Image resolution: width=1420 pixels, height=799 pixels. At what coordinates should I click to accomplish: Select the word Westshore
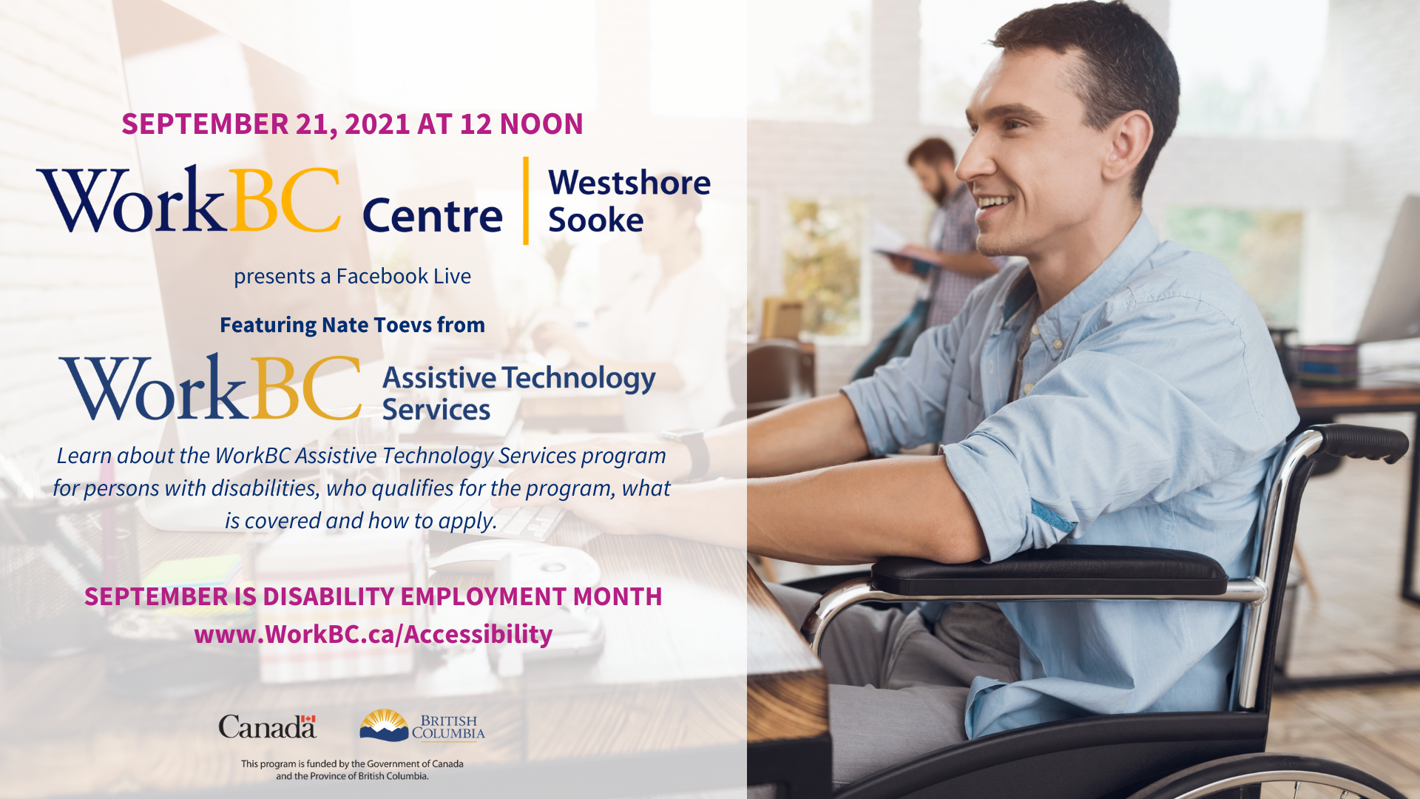[x=629, y=182]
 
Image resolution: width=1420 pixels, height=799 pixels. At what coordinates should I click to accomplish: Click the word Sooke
[x=595, y=220]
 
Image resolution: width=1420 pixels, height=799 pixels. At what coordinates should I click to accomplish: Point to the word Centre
[x=433, y=215]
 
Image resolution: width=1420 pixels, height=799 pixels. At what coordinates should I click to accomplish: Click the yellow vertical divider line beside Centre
[x=526, y=200]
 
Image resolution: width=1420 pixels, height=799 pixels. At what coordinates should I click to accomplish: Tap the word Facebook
[x=382, y=276]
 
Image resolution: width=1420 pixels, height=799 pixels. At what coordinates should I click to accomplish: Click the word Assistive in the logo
[x=439, y=378]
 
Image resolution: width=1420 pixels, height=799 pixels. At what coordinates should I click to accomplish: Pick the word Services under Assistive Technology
[x=436, y=410]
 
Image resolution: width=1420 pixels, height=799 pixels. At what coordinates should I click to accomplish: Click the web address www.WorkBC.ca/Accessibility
[x=373, y=634]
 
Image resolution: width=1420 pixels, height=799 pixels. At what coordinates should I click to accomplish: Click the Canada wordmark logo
[x=268, y=726]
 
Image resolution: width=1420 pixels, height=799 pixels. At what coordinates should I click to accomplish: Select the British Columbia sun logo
[x=384, y=725]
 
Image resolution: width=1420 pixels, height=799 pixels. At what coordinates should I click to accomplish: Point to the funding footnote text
[x=352, y=769]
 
